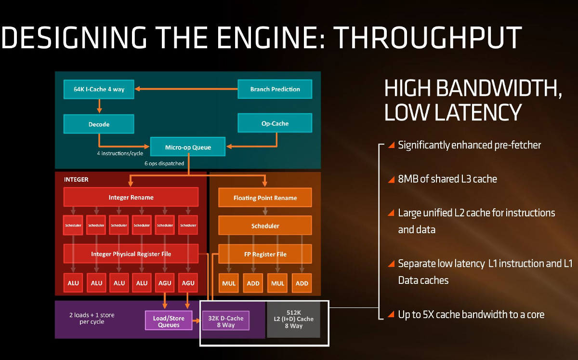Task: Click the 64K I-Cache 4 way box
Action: point(99,89)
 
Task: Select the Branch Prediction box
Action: point(275,89)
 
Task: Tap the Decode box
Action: point(99,124)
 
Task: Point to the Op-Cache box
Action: point(275,123)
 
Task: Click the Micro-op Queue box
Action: point(188,147)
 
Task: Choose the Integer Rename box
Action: point(131,197)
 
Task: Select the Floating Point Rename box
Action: point(265,198)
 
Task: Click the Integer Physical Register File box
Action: point(131,254)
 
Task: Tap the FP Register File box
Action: point(265,254)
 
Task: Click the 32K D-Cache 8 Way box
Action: point(225,321)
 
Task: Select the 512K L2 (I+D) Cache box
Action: point(293,319)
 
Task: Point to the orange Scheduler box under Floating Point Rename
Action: point(265,226)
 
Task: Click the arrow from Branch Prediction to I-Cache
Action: point(186,89)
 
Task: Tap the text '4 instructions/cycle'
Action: point(120,153)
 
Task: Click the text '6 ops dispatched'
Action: point(164,163)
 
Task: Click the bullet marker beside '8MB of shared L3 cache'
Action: point(391,179)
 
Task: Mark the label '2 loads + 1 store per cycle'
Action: point(92,319)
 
